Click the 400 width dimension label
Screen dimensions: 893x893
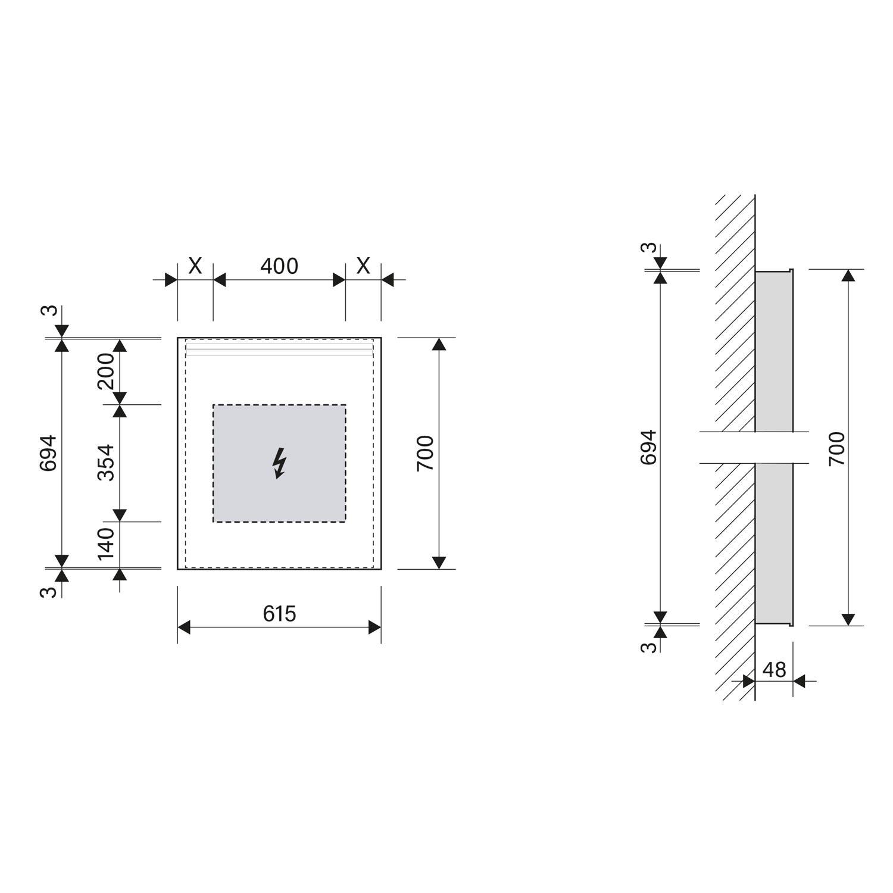click(279, 266)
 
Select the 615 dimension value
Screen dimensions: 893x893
click(279, 614)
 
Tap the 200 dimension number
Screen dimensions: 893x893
click(106, 371)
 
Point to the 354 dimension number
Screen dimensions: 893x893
click(106, 463)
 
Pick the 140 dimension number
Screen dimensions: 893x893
click(106, 544)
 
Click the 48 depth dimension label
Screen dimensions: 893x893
click(774, 670)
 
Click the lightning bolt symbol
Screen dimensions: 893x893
click(279, 463)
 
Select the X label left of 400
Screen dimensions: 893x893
click(195, 266)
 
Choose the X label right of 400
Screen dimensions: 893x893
click(363, 266)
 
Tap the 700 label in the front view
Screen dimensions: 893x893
click(425, 453)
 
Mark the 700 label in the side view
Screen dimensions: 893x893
click(836, 449)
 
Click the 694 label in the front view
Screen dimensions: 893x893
click(48, 453)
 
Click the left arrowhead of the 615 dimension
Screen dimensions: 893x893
click(184, 627)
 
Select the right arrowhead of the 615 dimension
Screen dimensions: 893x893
click(374, 627)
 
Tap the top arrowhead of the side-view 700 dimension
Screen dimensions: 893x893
click(849, 275)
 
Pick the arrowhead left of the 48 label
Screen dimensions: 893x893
click(749, 680)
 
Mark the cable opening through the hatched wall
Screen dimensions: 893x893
click(754, 447)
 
